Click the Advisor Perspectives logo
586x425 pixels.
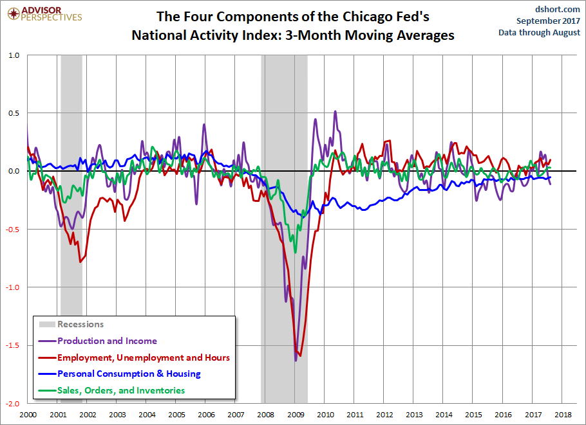(44, 14)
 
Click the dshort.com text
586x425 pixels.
(557, 9)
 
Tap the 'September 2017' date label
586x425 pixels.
(548, 21)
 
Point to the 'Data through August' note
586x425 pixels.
(539, 32)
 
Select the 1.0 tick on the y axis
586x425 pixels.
(14, 55)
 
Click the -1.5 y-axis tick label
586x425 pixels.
(12, 345)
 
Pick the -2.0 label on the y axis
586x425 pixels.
(12, 404)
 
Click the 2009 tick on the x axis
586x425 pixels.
(295, 415)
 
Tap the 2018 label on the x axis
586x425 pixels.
(563, 415)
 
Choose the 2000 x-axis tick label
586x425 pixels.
(28, 415)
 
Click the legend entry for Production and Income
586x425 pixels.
(98, 341)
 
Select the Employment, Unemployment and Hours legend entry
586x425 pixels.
(134, 357)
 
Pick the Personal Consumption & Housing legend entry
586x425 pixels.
(120, 374)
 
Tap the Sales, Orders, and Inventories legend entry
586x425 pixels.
(112, 390)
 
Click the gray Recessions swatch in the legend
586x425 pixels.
(47, 324)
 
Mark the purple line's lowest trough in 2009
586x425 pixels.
(296, 361)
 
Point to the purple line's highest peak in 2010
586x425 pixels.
(336, 111)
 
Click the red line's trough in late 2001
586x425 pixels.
(80, 262)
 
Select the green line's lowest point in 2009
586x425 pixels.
(295, 253)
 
